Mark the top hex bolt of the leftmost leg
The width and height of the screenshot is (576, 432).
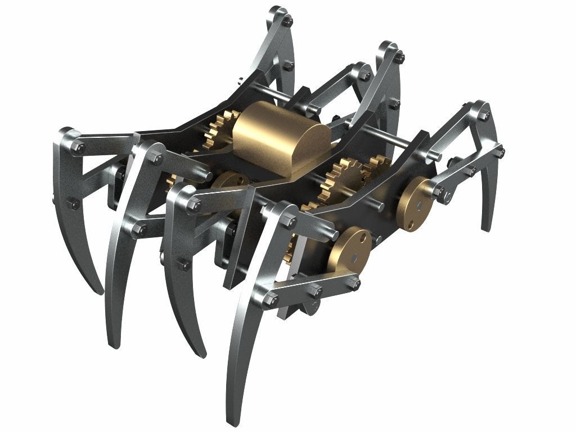click(x=79, y=148)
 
